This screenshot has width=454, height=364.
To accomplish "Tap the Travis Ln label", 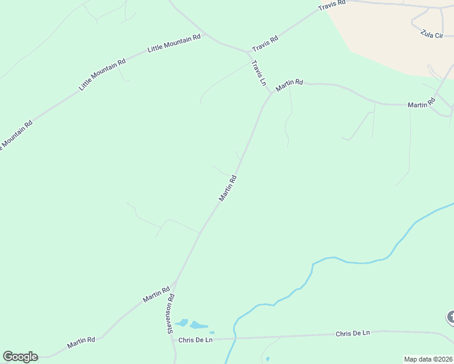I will tap(259, 72).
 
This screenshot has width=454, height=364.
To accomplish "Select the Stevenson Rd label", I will tap(171, 313).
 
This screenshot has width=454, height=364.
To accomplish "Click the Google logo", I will tap(20, 357).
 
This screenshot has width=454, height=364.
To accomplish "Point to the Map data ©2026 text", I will tap(428, 359).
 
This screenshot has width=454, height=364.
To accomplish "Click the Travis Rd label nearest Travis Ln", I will tap(265, 42).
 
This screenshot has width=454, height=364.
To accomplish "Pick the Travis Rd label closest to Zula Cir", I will tap(332, 7).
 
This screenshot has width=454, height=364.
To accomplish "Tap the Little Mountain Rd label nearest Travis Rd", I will tap(175, 44).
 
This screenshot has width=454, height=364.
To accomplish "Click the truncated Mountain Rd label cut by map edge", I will tap(15, 137).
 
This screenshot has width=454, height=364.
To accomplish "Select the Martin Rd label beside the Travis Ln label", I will tap(289, 86).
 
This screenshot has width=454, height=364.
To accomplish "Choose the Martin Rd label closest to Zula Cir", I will tap(421, 104).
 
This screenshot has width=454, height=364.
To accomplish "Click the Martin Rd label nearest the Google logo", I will tap(81, 342).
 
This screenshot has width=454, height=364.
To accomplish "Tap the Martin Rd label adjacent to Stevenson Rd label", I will tap(156, 295).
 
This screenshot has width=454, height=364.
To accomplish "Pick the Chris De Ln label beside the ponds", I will tap(195, 340).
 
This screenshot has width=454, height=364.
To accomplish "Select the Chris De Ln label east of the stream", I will tap(352, 334).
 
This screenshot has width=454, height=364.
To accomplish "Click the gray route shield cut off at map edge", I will tap(450, 317).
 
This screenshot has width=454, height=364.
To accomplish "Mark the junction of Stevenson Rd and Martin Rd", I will tap(175, 282).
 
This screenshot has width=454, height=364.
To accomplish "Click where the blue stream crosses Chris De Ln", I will tap(234, 338).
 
